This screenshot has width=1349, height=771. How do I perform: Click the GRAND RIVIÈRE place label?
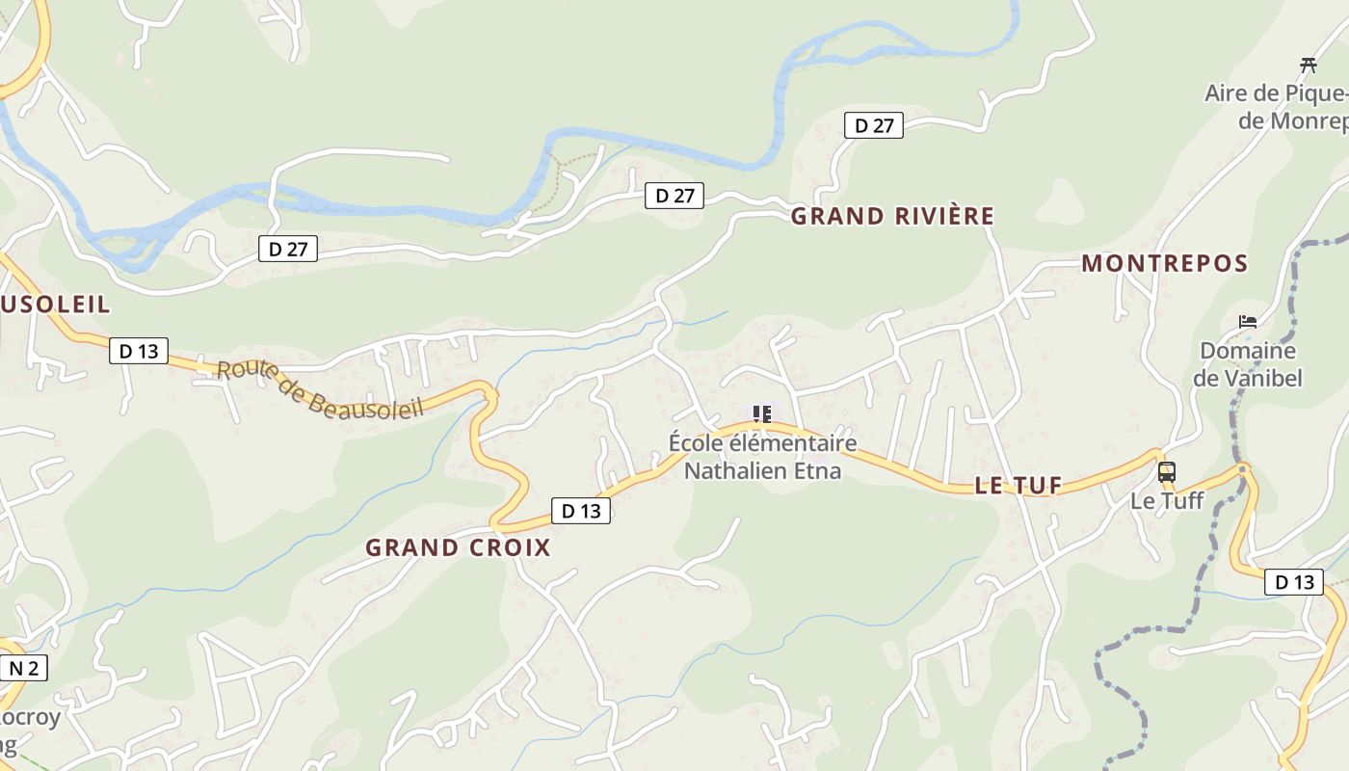[891, 217]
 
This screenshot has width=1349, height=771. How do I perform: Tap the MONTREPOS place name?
[1164, 263]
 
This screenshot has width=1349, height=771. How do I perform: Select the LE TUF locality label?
[1018, 486]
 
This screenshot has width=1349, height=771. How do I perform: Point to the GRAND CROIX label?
[458, 547]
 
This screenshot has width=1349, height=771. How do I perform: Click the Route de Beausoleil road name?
[319, 389]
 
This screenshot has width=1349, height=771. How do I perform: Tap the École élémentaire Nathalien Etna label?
[762, 457]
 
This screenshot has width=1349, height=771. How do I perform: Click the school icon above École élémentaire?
[762, 414]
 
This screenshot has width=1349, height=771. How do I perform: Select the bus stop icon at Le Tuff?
[1166, 472]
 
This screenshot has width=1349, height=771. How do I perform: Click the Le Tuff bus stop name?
[1167, 501]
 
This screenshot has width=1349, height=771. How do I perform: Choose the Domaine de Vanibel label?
[1248, 364]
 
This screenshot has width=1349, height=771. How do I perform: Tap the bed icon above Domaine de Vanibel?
[1248, 322]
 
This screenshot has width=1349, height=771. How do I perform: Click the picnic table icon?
[1308, 66]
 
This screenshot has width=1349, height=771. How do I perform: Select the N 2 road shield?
[23, 668]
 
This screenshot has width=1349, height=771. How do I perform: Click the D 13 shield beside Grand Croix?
[581, 511]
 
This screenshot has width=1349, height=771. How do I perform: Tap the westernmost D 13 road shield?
[139, 351]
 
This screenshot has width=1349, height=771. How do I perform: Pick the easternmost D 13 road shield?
[1293, 582]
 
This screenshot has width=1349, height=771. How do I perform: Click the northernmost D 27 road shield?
[874, 125]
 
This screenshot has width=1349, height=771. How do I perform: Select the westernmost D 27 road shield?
[288, 249]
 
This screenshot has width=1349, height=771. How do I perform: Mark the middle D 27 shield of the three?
[674, 196]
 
